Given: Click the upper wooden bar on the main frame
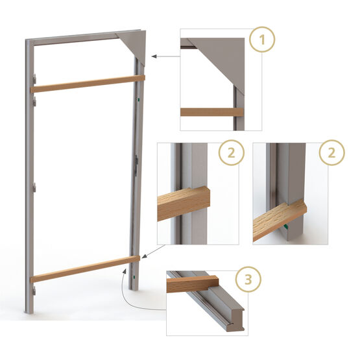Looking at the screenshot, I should [x=88, y=84].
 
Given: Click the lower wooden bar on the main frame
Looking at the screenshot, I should [x=84, y=269].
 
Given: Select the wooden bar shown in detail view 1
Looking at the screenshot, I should [x=211, y=112].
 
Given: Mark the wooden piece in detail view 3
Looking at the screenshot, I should [x=191, y=283].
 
